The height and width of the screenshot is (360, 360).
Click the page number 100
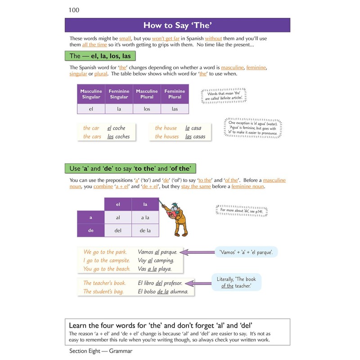[x=74, y=10]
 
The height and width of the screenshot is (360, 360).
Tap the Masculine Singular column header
[x=91, y=94]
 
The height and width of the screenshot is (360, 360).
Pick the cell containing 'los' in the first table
[x=147, y=108]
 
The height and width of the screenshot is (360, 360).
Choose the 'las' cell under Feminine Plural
[x=175, y=108]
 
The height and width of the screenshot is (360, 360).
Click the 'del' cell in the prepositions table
[x=118, y=230]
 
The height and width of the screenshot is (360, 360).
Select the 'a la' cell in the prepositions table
[x=145, y=217]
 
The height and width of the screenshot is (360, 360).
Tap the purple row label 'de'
[x=90, y=230]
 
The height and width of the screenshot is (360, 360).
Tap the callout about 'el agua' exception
[x=253, y=128]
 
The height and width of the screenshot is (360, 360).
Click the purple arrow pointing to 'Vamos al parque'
[x=200, y=252]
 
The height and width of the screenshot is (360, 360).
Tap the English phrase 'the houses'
[x=166, y=136]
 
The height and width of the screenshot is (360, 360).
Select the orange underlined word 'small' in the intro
[x=125, y=39]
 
